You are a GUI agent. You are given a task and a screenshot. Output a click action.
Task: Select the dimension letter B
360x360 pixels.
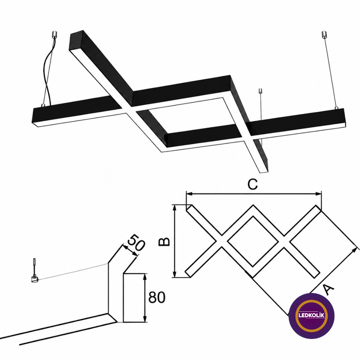click(164, 242)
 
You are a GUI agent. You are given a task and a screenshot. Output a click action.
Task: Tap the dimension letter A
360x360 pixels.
click(328, 289)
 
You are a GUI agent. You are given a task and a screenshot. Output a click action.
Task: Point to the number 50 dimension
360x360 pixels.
click(136, 242)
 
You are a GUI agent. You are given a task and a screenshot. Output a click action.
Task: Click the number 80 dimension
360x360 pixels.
click(157, 298)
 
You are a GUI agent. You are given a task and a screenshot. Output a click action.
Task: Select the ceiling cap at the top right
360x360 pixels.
click(323, 34)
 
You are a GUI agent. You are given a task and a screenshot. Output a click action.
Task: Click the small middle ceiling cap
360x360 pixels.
click(261, 91)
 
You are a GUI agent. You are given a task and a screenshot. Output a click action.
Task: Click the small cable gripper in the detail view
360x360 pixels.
click(34, 279)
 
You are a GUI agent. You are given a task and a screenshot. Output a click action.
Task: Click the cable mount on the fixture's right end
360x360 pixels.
click(337, 108)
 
